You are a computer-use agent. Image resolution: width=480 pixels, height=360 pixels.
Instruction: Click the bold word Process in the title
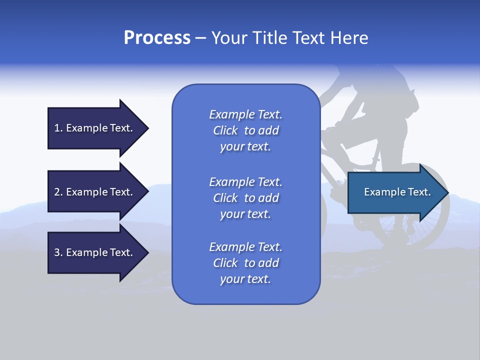pos(157,38)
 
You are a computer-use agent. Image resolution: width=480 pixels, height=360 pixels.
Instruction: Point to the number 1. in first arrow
pos(58,128)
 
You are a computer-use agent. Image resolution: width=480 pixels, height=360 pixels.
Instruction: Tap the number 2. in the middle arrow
pos(58,192)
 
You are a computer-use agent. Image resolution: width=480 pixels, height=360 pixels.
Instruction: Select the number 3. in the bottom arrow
pos(58,252)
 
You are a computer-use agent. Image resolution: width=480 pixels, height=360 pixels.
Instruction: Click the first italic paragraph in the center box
pos(245,130)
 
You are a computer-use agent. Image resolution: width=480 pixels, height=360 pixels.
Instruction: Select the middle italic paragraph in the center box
pos(245,198)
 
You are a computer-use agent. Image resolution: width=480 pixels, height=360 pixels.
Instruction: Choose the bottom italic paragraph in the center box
pos(245,263)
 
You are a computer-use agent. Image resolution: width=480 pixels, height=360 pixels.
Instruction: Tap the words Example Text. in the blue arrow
pos(397,192)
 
